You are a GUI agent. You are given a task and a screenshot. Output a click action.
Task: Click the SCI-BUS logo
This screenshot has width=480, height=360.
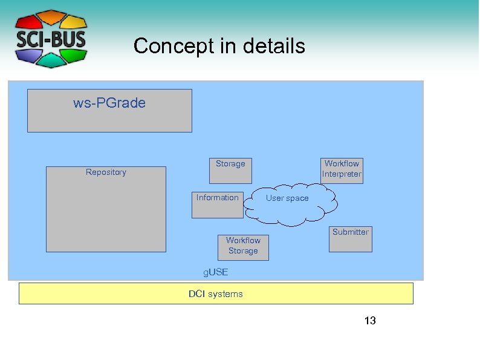pyautogui.click(x=51, y=39)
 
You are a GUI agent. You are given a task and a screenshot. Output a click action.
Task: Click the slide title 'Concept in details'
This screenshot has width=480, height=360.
pyautogui.click(x=219, y=46)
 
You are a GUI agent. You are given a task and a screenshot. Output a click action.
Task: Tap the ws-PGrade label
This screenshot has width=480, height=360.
pyautogui.click(x=109, y=103)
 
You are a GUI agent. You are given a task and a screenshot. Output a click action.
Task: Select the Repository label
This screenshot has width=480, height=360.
pyautogui.click(x=106, y=172)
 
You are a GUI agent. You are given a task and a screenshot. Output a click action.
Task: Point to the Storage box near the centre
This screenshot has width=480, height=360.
pyautogui.click(x=230, y=171)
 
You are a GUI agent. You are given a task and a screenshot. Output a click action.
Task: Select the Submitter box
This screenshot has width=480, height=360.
pyautogui.click(x=350, y=239)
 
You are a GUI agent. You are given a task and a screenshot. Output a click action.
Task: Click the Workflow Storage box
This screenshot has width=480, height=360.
pyautogui.click(x=243, y=247)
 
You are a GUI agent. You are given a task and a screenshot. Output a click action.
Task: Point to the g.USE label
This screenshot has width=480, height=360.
pyautogui.click(x=216, y=273)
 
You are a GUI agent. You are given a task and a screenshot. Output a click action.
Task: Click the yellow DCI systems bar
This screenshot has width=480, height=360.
pyautogui.click(x=216, y=293)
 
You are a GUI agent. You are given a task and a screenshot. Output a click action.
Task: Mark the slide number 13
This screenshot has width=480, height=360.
pyautogui.click(x=370, y=321)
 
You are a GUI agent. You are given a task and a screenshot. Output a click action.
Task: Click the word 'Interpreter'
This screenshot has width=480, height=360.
pyautogui.click(x=342, y=174)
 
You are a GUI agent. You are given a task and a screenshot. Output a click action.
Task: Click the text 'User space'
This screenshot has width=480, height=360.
pyautogui.click(x=287, y=198)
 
